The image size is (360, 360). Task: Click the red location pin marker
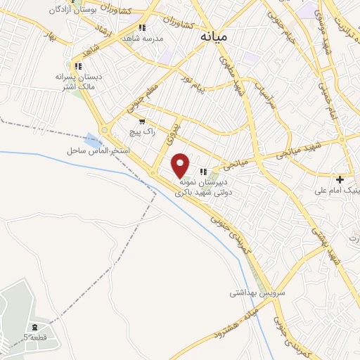181,166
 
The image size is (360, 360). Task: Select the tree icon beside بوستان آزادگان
53,11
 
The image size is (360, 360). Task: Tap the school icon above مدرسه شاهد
142,27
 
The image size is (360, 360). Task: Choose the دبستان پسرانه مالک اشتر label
79,80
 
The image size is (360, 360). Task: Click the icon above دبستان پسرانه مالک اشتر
78,66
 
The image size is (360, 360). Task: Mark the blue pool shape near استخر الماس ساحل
93,139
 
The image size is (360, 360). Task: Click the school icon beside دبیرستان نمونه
203,172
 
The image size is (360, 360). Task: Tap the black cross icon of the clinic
340,179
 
